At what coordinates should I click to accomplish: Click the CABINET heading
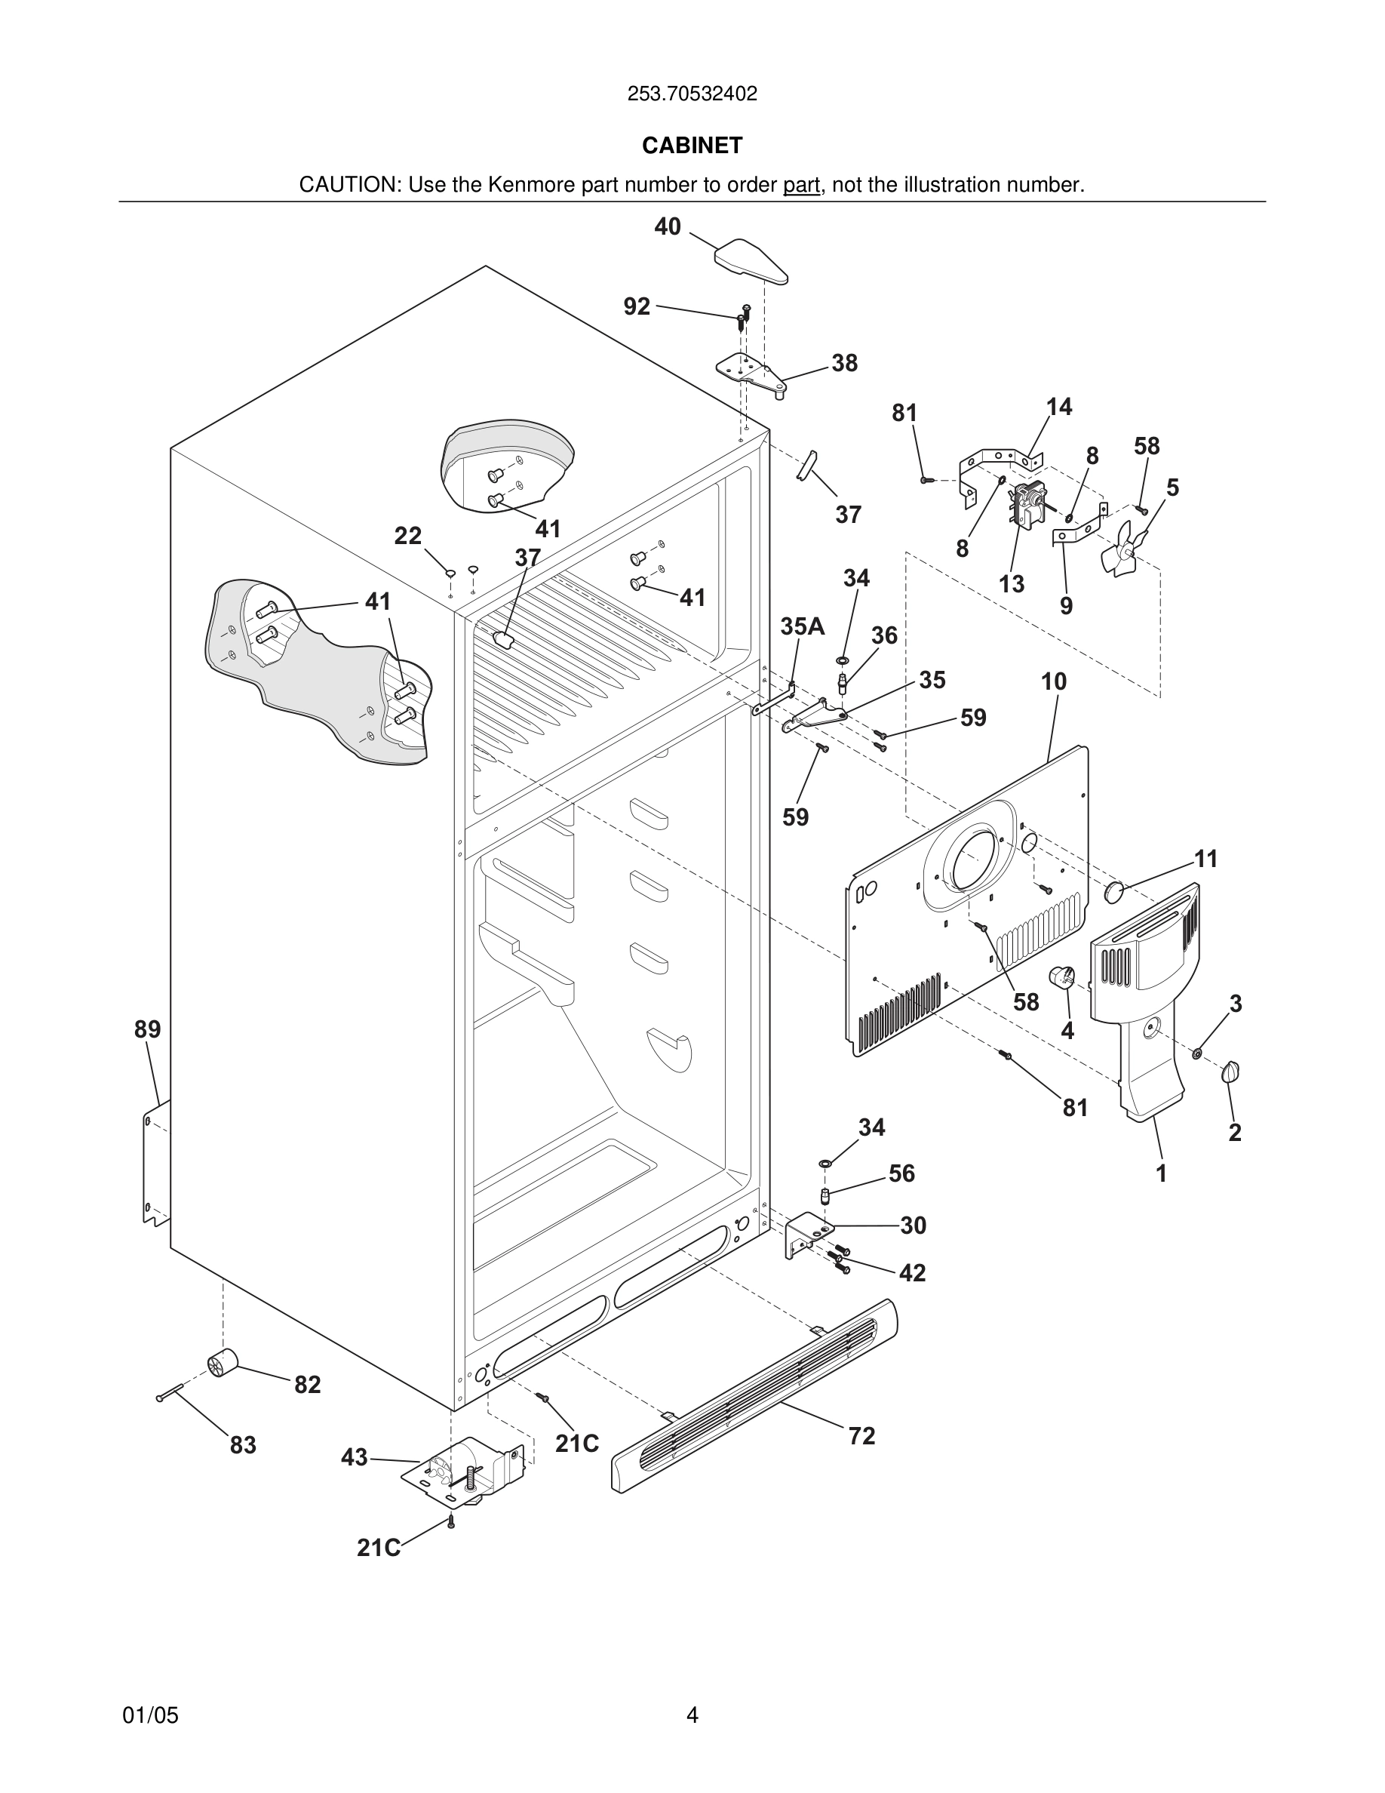tap(692, 146)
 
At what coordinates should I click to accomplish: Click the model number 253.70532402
tap(692, 94)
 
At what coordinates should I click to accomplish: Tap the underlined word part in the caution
tap(801, 186)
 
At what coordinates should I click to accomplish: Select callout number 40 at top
tap(667, 226)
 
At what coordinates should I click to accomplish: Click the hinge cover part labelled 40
tap(750, 260)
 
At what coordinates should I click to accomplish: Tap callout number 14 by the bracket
tap(1058, 407)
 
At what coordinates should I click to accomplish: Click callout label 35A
tap(802, 627)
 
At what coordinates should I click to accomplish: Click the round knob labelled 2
tap(1231, 1072)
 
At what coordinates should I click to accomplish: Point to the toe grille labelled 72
tap(755, 1395)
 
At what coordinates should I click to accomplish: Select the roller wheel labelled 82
tap(223, 1363)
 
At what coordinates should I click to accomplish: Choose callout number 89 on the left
tap(148, 1029)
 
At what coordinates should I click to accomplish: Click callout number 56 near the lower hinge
tap(901, 1174)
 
